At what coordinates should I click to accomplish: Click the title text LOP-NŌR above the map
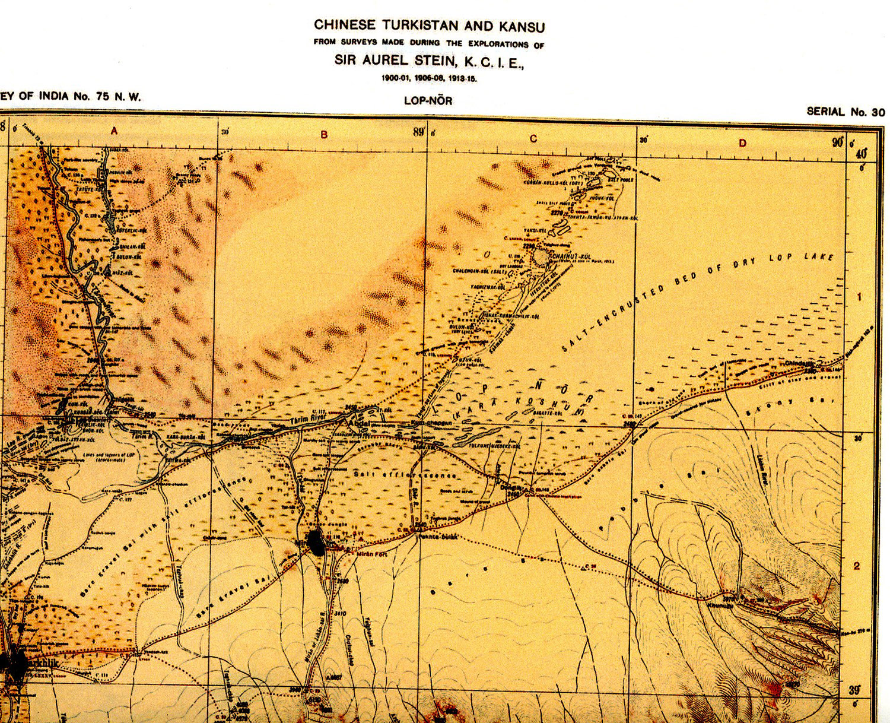[x=428, y=100]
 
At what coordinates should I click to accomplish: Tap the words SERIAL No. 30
[x=845, y=112]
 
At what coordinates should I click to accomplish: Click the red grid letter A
[x=114, y=131]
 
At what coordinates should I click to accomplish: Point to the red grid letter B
[x=324, y=135]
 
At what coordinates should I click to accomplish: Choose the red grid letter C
[x=533, y=138]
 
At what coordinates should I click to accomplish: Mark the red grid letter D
[x=742, y=142]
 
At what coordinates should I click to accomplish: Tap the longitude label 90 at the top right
[x=837, y=142]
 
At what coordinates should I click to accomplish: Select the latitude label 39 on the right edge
[x=854, y=690]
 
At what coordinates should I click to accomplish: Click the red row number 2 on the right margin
[x=856, y=566]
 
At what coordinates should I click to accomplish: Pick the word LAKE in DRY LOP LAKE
[x=819, y=256]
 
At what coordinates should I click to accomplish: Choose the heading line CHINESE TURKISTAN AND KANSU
[x=429, y=26]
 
